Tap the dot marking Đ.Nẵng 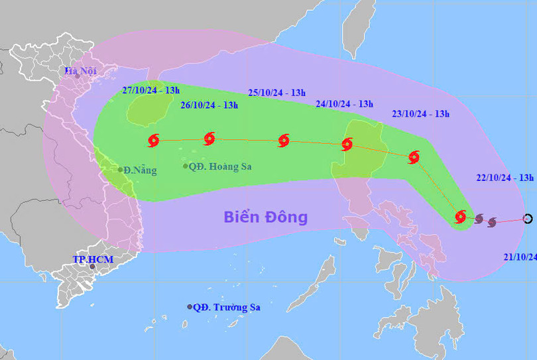click(x=121, y=170)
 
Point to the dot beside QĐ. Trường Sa click(x=190, y=307)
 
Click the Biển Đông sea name click(x=265, y=217)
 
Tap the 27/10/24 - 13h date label click(x=149, y=91)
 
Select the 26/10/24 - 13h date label click(x=209, y=105)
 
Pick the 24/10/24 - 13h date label click(x=344, y=103)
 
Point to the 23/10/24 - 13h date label click(x=420, y=114)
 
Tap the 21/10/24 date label click(x=520, y=257)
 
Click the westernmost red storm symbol click(x=154, y=140)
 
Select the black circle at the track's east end click(x=528, y=218)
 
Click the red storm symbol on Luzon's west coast click(x=347, y=145)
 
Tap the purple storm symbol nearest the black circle click(x=492, y=222)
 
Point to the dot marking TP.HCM click(x=92, y=267)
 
